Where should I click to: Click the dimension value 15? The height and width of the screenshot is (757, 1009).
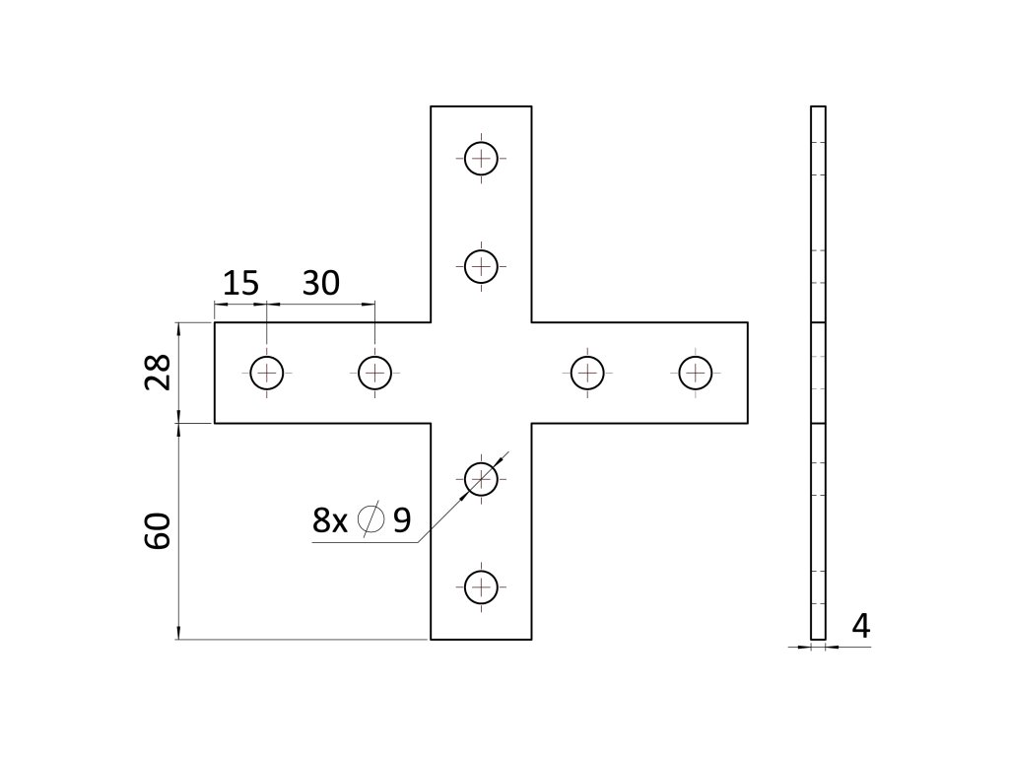(240, 284)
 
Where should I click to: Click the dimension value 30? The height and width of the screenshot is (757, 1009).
(320, 284)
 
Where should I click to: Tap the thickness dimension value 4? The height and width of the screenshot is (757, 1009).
(860, 627)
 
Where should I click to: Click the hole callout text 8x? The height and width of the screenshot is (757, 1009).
(330, 520)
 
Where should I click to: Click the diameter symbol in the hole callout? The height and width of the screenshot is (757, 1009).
(370, 519)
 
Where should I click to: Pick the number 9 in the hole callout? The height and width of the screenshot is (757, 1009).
(401, 520)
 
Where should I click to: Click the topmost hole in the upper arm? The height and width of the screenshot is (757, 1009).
(481, 157)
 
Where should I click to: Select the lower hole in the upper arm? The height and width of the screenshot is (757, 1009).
(481, 265)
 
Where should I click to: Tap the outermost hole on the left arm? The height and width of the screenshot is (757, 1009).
(266, 373)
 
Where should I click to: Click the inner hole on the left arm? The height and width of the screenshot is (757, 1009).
(374, 373)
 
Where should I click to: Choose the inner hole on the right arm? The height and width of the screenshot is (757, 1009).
(587, 373)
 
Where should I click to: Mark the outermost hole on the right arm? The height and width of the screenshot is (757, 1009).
(696, 373)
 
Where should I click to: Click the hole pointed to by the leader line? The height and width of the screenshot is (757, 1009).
(481, 479)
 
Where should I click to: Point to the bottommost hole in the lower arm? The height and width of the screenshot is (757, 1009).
(481, 587)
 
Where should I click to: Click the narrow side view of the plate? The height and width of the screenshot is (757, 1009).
(818, 373)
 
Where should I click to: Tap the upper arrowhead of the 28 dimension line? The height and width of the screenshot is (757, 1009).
(178, 327)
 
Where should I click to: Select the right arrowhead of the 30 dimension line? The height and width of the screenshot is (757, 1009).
(370, 305)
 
